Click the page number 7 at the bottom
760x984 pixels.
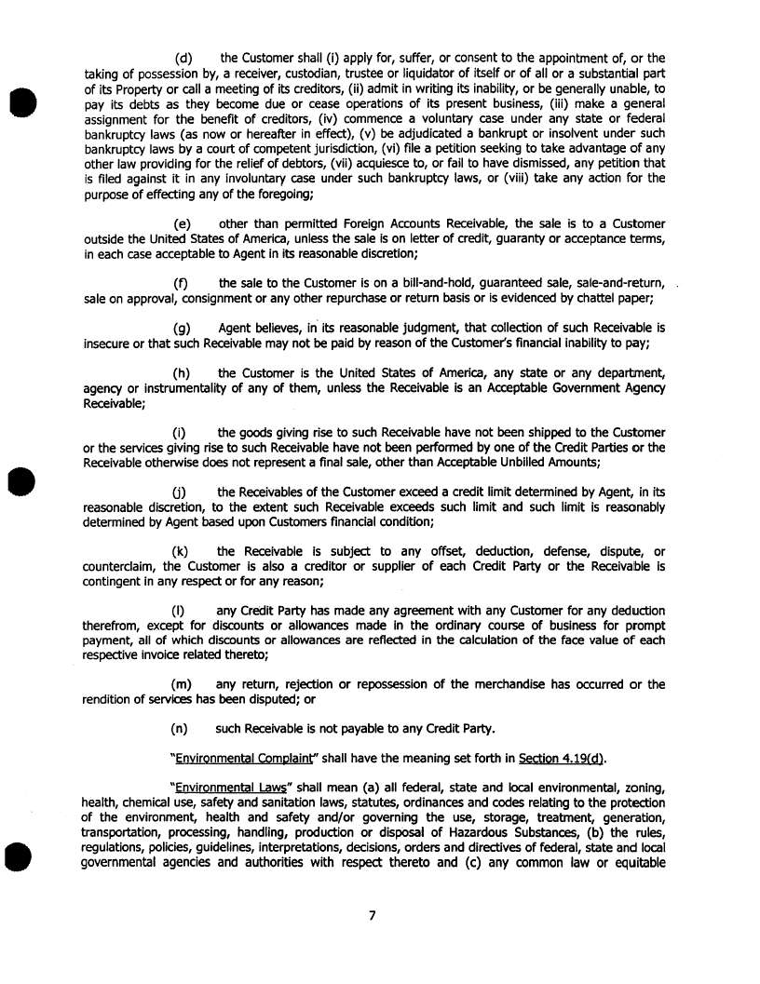372,915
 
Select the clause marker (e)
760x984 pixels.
183,224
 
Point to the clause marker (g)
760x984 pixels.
183,328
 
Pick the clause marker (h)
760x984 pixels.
183,373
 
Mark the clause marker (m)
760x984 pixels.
184,684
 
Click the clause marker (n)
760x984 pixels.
183,729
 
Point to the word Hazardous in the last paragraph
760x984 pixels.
477,832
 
